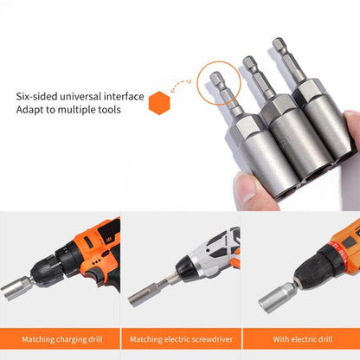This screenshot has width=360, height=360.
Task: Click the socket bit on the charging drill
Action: point(16,286)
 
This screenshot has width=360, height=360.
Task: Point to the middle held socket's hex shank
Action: point(252,74)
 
